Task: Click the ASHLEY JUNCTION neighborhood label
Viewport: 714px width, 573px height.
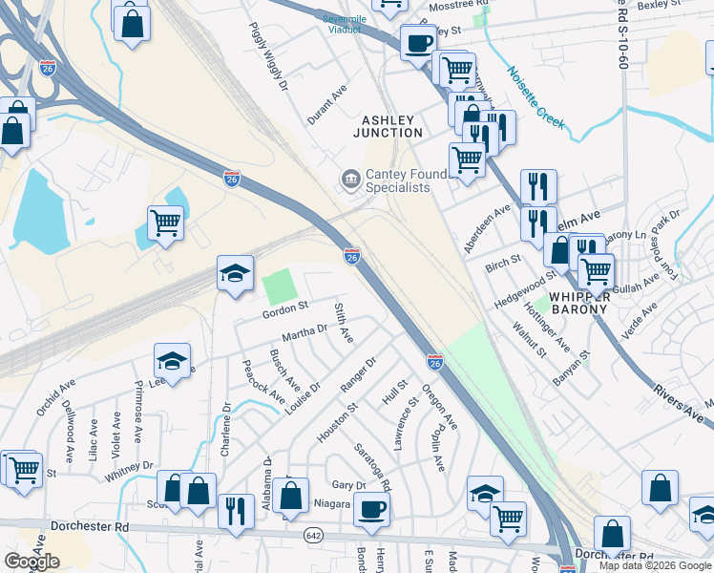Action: pos(388,126)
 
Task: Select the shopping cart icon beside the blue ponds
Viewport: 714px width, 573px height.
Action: pos(166,223)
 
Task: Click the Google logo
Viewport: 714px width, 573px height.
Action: pos(31,562)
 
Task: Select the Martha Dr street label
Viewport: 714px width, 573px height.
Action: pos(304,332)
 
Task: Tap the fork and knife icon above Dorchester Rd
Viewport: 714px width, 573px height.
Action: pos(234,511)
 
